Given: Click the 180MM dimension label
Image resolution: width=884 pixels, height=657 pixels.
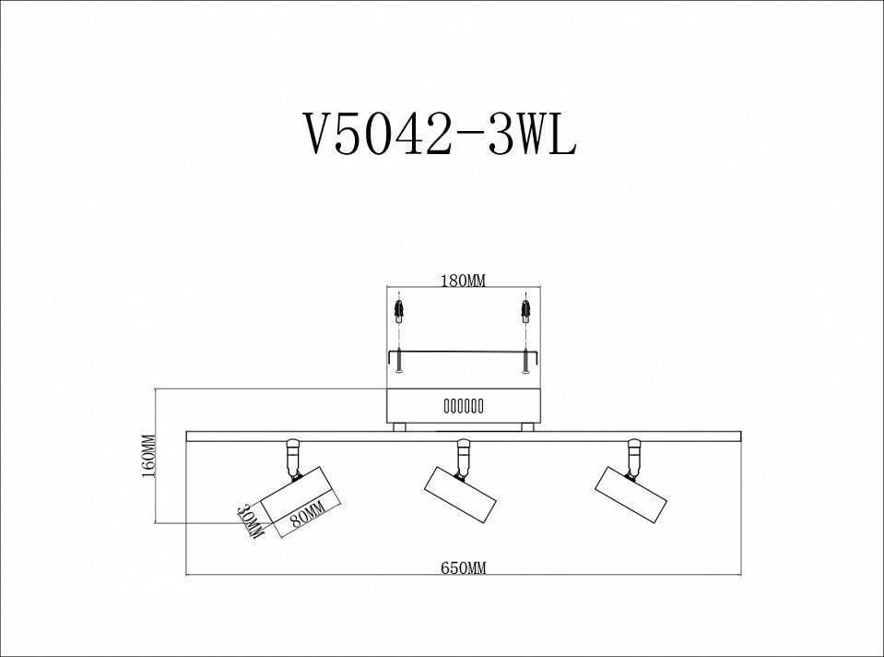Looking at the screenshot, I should (x=462, y=281).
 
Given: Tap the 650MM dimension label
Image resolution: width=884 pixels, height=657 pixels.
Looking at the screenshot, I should (x=463, y=568).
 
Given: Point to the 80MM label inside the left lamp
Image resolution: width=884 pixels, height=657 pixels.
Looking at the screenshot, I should (x=307, y=513).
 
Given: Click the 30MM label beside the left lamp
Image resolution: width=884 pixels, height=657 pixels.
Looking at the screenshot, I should (x=250, y=521).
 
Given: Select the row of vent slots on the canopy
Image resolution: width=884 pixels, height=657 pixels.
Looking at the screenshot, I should (x=463, y=406).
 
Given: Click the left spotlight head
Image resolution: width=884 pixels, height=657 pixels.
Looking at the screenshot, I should (x=297, y=498).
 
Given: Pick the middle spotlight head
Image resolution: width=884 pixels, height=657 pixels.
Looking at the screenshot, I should (x=460, y=497).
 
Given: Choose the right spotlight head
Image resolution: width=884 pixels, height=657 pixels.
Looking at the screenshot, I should (x=631, y=496).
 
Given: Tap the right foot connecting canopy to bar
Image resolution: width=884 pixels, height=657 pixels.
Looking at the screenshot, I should (x=526, y=426).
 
